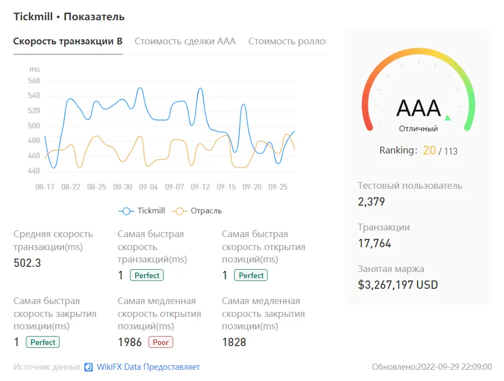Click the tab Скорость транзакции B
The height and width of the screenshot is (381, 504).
click(68, 42)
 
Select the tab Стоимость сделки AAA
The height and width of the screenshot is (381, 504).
click(185, 42)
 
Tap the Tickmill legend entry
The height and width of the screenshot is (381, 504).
click(142, 211)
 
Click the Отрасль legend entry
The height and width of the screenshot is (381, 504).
click(197, 211)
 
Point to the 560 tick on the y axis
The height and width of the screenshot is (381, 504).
click(34, 80)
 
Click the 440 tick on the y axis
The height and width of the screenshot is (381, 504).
click(34, 171)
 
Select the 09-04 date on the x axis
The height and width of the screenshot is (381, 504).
click(148, 187)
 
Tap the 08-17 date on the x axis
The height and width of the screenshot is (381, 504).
click(45, 187)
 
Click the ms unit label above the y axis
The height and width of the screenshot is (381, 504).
click(35, 69)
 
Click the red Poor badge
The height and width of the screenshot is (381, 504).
click(161, 342)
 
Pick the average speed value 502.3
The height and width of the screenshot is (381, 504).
click(28, 263)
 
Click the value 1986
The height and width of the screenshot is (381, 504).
click(130, 342)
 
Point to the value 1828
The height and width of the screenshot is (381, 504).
click(234, 342)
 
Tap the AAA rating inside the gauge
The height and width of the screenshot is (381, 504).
click(418, 108)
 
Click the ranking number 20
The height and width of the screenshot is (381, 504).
click(429, 151)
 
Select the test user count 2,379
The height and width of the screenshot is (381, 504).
click(371, 202)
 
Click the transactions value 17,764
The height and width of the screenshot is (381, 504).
click(375, 243)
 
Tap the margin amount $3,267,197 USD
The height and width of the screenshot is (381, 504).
click(398, 284)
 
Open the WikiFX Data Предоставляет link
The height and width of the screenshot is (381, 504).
click(148, 367)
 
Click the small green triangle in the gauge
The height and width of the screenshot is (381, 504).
click(448, 118)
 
